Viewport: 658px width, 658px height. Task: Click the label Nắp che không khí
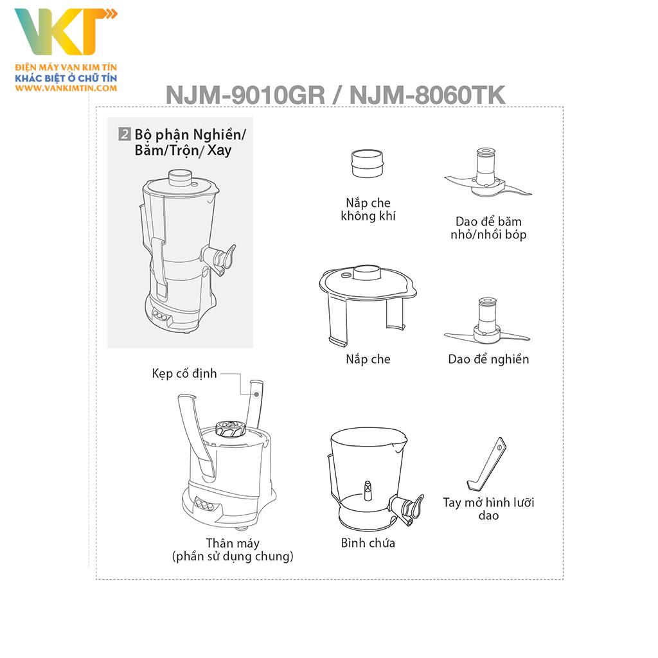[368, 209]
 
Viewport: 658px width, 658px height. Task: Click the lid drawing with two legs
[367, 302]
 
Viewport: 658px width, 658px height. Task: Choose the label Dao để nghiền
[488, 359]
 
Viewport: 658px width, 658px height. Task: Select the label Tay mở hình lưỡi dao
[488, 509]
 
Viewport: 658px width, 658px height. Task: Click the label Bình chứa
[368, 543]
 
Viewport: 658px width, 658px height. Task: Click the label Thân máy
[233, 544]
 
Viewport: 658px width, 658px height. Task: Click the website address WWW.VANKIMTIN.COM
[66, 87]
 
